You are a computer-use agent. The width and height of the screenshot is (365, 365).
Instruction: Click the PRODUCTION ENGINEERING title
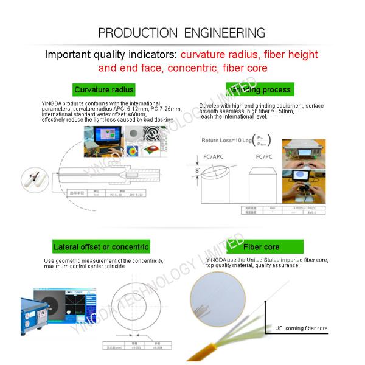[x=182, y=33]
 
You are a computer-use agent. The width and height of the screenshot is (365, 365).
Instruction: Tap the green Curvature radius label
[x=103, y=90]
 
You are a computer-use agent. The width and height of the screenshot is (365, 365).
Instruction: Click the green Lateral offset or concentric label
[x=101, y=247]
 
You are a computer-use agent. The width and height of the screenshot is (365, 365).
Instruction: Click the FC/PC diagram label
[x=263, y=157]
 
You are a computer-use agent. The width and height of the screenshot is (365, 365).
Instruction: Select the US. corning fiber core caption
[x=301, y=328]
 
